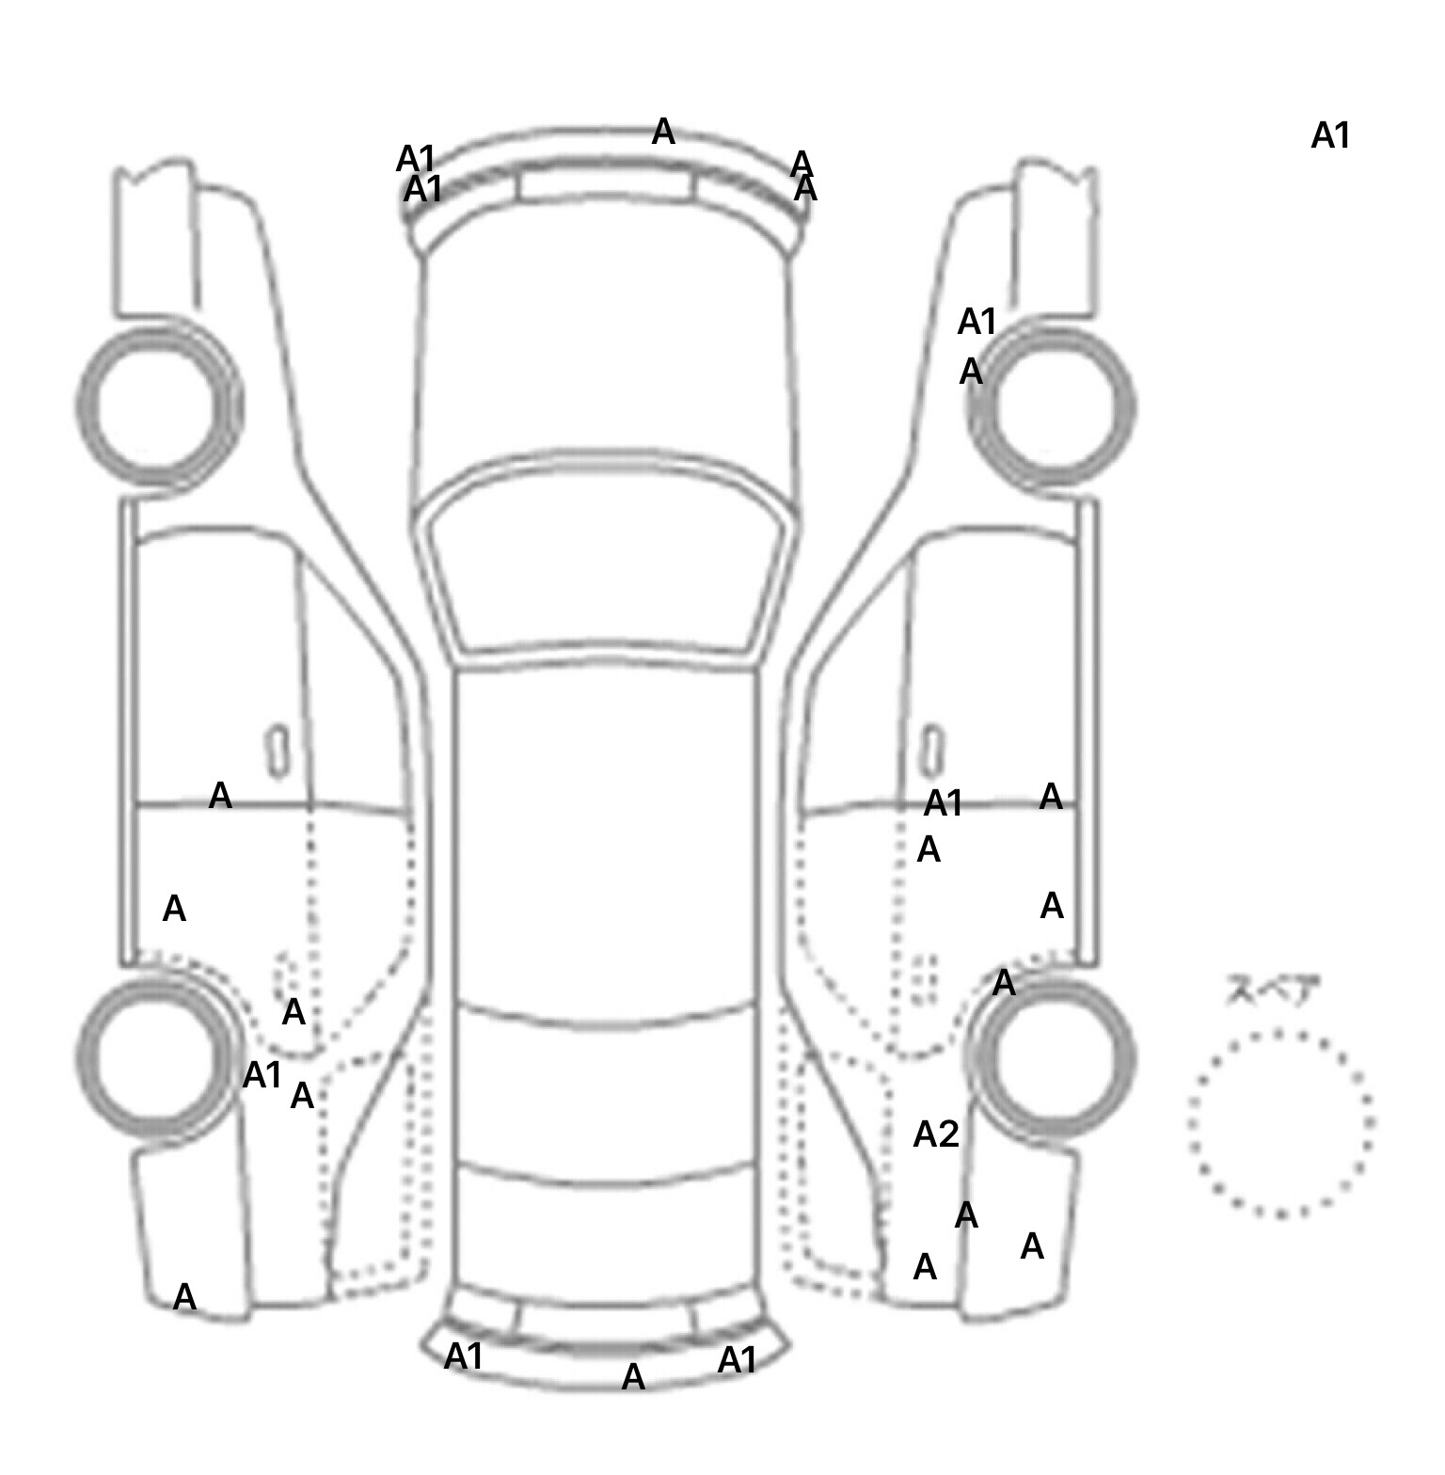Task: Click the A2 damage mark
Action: [x=936, y=1134]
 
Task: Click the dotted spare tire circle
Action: [x=1281, y=1123]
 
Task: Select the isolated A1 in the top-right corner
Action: [x=1330, y=136]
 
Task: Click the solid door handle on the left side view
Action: [x=278, y=750]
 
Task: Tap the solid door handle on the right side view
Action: [x=932, y=750]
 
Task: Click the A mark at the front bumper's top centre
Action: [x=663, y=132]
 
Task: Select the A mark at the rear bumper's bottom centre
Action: [x=633, y=1377]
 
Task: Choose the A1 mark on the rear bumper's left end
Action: [x=463, y=1356]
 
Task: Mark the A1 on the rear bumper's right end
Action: [x=737, y=1359]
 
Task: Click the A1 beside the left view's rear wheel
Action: [x=262, y=1074]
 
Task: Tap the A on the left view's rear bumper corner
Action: [x=184, y=1297]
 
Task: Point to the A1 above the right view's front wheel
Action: [x=977, y=322]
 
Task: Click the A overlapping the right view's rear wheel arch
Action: [x=1004, y=983]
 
